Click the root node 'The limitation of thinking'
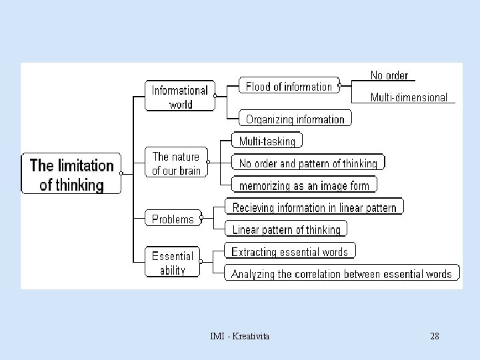[71, 174]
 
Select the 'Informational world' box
[179, 97]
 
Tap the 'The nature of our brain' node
[176, 163]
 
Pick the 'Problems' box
[173, 219]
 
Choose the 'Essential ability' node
[172, 263]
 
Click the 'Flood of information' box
[289, 87]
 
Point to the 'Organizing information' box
[295, 119]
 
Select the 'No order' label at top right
[389, 75]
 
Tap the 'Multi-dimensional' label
[409, 97]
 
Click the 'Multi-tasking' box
[267, 141]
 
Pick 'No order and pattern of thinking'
[308, 163]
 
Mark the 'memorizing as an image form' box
[304, 185]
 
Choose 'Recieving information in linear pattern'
[314, 207]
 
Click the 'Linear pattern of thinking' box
[286, 229]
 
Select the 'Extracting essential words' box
[289, 251]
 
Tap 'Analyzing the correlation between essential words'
[341, 273]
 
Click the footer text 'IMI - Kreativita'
[239, 336]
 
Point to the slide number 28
[435, 336]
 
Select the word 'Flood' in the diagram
[258, 87]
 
